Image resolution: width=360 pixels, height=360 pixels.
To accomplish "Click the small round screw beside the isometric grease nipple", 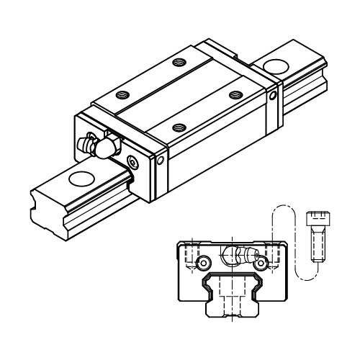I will coord(130,161).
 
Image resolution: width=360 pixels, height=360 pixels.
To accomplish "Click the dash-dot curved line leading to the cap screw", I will coord(291,238).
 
